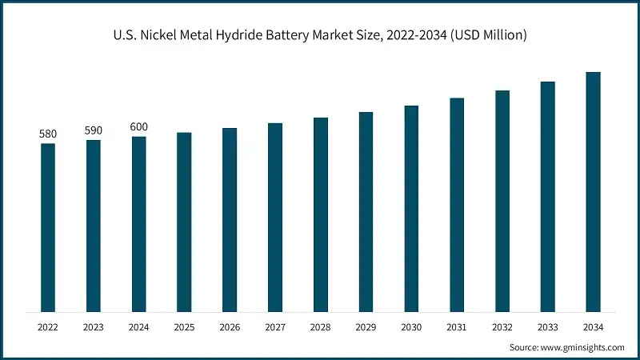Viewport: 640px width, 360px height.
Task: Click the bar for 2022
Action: click(48, 227)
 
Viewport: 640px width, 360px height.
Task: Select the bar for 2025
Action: click(184, 222)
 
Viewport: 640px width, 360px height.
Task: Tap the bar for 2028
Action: click(321, 214)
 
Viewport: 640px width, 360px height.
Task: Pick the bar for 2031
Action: click(457, 205)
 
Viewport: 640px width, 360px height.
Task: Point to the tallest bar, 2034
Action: click(593, 192)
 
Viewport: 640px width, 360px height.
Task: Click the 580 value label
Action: click(48, 134)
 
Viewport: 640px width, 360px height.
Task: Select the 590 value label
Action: click(94, 130)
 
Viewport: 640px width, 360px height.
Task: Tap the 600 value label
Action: click(139, 127)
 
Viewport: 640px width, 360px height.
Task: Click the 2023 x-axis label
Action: click(94, 327)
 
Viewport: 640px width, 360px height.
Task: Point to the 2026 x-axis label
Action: click(230, 327)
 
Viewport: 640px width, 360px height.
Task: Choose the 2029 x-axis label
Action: click(366, 327)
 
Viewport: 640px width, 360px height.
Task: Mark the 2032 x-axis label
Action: click(502, 327)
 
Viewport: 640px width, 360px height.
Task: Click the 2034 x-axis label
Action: click(593, 327)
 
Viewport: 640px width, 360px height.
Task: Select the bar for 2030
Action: click(411, 209)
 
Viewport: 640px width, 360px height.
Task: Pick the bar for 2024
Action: click(139, 224)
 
